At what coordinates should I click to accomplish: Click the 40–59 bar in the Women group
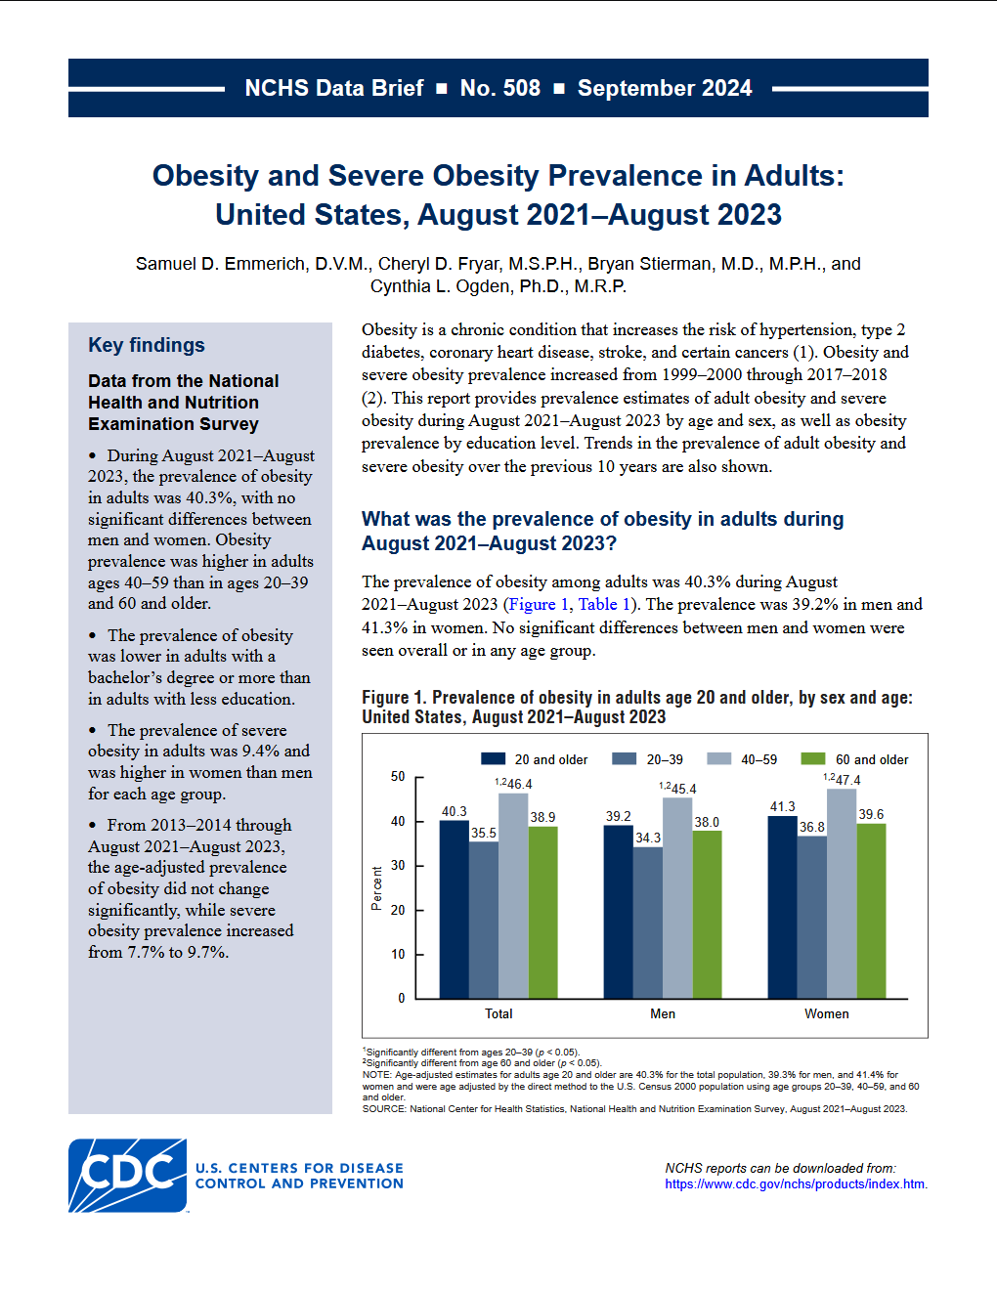[x=842, y=893]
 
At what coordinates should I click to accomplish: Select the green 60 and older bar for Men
[x=707, y=914]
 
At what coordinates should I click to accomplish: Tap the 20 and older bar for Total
[x=455, y=909]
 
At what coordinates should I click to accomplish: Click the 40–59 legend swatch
[x=719, y=759]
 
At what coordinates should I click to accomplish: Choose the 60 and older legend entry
[x=871, y=759]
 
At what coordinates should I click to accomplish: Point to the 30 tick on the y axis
[x=398, y=866]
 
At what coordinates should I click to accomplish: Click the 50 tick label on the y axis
[x=398, y=777]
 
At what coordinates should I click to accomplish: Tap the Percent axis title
[x=377, y=888]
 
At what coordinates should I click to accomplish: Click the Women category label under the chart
[x=827, y=1013]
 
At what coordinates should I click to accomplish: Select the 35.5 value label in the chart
[x=484, y=834]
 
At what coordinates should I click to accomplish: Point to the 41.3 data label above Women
[x=783, y=807]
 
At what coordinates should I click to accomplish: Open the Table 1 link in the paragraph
[x=604, y=604]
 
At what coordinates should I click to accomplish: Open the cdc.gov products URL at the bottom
[x=795, y=1183]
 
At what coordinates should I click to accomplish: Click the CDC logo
[x=128, y=1176]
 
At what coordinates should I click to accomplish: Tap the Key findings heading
[x=147, y=345]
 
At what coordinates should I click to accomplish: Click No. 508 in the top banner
[x=500, y=88]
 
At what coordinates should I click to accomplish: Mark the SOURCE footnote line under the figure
[x=634, y=1109]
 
